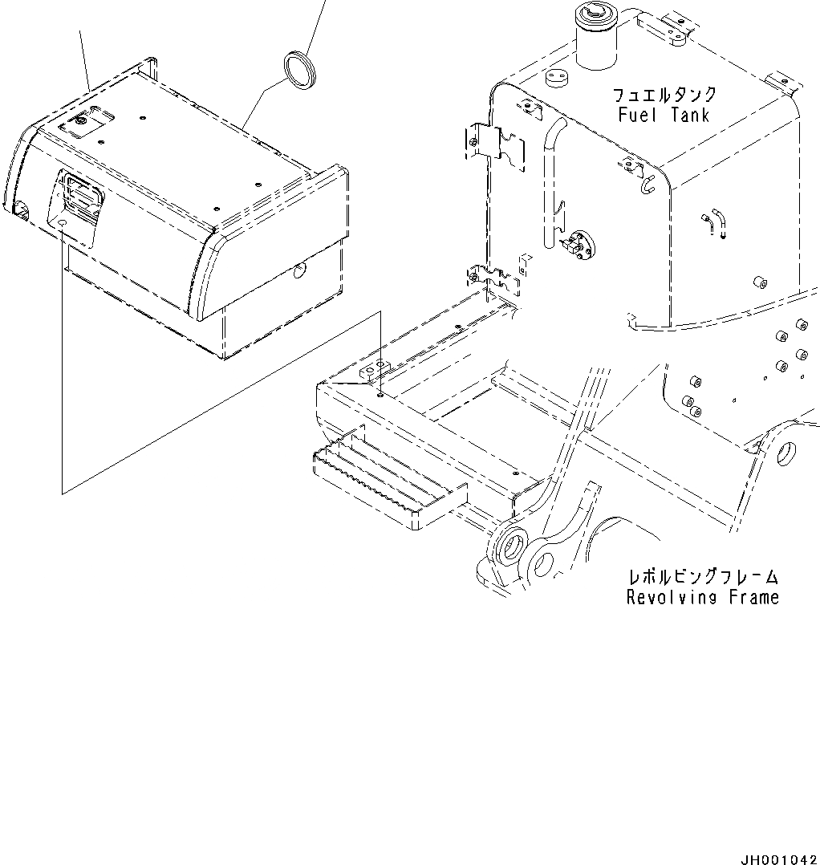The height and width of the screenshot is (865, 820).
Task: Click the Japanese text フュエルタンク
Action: [x=664, y=95]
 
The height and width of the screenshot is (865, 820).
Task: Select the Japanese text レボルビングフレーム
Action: [x=703, y=577]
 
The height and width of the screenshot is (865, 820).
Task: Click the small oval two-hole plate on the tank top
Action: [x=556, y=77]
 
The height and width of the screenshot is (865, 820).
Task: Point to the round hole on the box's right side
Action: [x=299, y=273]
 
